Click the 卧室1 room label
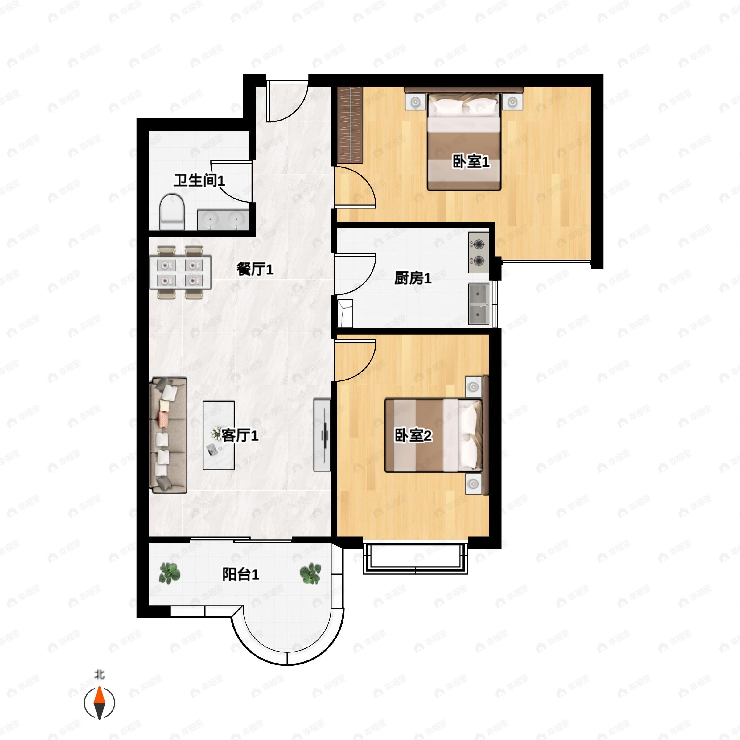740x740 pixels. [471, 161]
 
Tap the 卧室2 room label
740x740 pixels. [413, 435]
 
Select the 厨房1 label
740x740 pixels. [413, 278]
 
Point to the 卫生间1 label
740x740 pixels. [199, 180]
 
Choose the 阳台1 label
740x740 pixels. [240, 574]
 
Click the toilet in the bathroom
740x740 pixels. [172, 212]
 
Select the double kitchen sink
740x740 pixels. [479, 304]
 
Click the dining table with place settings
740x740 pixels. [180, 272]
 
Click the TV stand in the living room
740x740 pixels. [322, 435]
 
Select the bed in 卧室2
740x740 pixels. [434, 435]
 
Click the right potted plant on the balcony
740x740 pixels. [310, 573]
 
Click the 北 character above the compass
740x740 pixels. [100, 674]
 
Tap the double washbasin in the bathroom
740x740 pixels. [223, 220]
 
